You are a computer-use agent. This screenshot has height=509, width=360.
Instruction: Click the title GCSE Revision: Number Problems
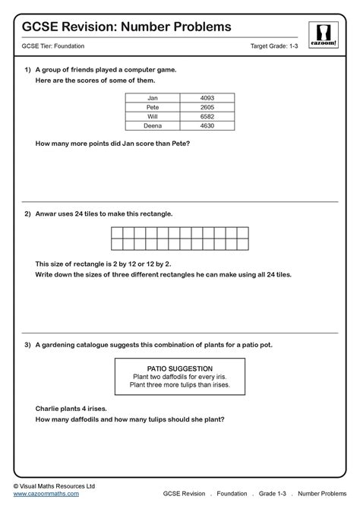[x=126, y=27]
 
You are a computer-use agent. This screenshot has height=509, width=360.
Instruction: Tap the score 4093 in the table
[x=208, y=98]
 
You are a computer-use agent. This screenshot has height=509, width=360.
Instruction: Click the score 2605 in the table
[x=208, y=107]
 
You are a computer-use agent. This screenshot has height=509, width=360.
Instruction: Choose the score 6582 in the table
[x=208, y=116]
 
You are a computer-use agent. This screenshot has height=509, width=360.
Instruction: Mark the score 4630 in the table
[x=208, y=125]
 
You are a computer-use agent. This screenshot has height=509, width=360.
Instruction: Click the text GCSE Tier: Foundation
[x=52, y=47]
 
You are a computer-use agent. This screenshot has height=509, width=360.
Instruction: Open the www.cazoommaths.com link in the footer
[x=46, y=493]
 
